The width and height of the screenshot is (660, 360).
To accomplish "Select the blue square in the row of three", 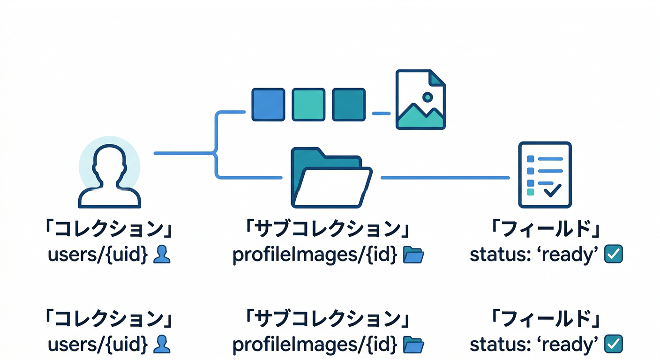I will pyautogui.click(x=268, y=105).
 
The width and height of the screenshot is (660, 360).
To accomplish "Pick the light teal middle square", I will pyautogui.click(x=308, y=105).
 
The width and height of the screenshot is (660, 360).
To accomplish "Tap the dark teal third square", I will pyautogui.click(x=349, y=105).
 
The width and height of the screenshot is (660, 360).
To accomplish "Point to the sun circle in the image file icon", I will pyautogui.click(x=427, y=97).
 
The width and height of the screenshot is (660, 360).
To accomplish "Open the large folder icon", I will pyautogui.click(x=331, y=178).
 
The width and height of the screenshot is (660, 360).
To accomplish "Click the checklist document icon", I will pyautogui.click(x=545, y=175).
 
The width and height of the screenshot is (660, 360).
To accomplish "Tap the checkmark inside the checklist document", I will pyautogui.click(x=552, y=190).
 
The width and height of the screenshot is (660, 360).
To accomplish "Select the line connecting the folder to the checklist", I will pyautogui.click(x=445, y=178).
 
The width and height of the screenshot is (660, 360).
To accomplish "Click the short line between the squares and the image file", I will pyautogui.click(x=381, y=113).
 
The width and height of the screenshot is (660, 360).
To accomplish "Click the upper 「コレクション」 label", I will pyautogui.click(x=109, y=230).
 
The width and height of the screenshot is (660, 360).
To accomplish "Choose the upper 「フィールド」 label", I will pyautogui.click(x=546, y=230).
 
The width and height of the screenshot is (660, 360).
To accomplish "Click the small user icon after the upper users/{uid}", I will pyautogui.click(x=162, y=255).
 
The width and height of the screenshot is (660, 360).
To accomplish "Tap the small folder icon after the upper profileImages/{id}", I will pyautogui.click(x=413, y=255).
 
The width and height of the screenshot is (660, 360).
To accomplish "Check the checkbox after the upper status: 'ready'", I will pyautogui.click(x=614, y=255).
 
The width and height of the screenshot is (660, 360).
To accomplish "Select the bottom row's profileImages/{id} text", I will pyautogui.click(x=315, y=345).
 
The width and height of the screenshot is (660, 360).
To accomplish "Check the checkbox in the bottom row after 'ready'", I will pyautogui.click(x=614, y=344).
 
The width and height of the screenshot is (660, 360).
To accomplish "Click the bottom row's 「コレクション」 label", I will pyautogui.click(x=109, y=320).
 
